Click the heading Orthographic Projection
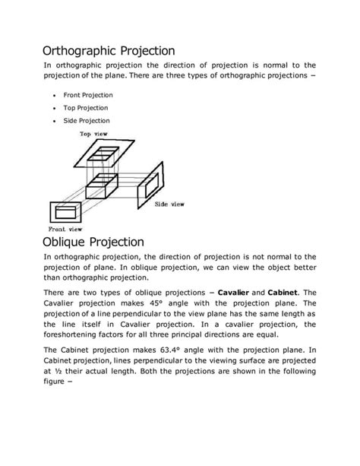tap(109, 51)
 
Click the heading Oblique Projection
tap(93, 242)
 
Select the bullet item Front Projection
tap(88, 95)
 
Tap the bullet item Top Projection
tap(86, 108)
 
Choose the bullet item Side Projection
tap(87, 120)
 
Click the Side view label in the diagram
tap(169, 204)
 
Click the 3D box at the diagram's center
tap(103, 185)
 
